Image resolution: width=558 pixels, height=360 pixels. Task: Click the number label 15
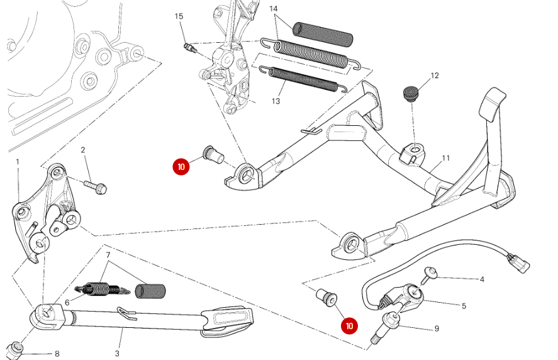[179, 16]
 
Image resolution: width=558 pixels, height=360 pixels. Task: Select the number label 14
[274, 9]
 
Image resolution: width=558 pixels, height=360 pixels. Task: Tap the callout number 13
[276, 101]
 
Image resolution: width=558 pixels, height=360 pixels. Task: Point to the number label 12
[434, 76]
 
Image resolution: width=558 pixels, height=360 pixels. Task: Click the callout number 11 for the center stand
[446, 158]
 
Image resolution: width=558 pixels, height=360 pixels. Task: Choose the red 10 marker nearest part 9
[349, 326]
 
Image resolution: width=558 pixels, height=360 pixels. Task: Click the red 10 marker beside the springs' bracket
[181, 166]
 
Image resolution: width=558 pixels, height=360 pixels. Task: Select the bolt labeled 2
[95, 186]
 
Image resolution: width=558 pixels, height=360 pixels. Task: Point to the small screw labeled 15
[190, 47]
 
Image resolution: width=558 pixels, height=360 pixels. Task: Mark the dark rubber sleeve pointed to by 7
[151, 291]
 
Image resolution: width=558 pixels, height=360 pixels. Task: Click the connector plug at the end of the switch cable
[520, 261]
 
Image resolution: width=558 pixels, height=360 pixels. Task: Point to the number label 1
[18, 162]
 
